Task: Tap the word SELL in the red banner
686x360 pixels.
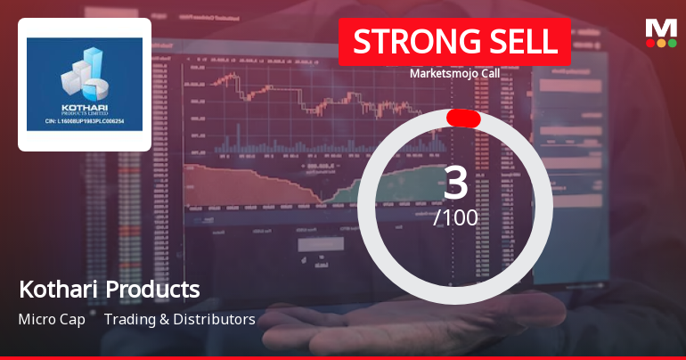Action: tap(520, 42)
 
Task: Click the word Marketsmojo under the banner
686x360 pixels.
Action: tap(442, 73)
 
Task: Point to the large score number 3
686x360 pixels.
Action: tap(455, 183)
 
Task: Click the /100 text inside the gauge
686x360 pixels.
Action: tap(455, 217)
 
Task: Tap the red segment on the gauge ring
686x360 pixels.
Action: tap(463, 119)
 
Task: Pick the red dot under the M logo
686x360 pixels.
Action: tap(649, 43)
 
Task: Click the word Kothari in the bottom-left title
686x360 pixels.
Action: tap(58, 290)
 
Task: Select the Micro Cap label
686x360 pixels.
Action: tap(51, 319)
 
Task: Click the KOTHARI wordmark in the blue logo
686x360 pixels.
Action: tap(84, 110)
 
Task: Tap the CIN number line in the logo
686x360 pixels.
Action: tap(85, 122)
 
